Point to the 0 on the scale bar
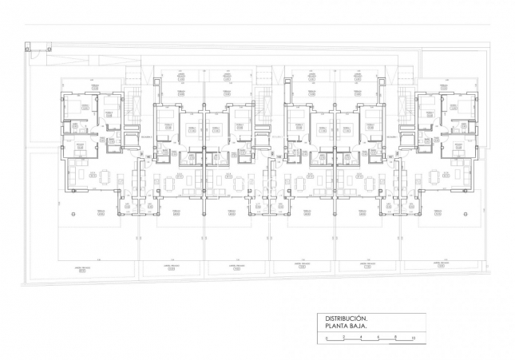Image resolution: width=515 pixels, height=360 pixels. [x=326, y=338]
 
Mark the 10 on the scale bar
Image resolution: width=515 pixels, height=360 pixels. [x=413, y=338]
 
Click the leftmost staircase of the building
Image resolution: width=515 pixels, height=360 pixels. [x=134, y=105]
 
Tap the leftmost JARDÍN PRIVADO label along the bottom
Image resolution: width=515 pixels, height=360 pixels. [x=82, y=268]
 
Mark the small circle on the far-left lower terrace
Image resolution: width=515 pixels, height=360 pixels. [x=69, y=214]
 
